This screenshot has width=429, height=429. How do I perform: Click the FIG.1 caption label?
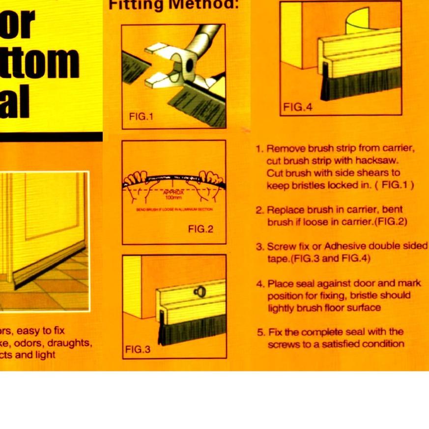(141, 117)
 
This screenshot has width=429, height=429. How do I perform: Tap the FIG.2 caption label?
(200, 229)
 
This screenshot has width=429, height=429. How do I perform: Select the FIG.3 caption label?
(138, 349)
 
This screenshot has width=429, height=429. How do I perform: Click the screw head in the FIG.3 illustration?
(198, 291)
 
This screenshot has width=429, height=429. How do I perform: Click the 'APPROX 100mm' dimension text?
(173, 195)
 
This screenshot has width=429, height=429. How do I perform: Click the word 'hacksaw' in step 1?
(381, 161)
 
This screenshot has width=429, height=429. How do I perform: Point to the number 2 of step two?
(259, 210)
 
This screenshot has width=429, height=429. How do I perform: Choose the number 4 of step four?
(259, 284)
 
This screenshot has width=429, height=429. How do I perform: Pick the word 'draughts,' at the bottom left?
(70, 343)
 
